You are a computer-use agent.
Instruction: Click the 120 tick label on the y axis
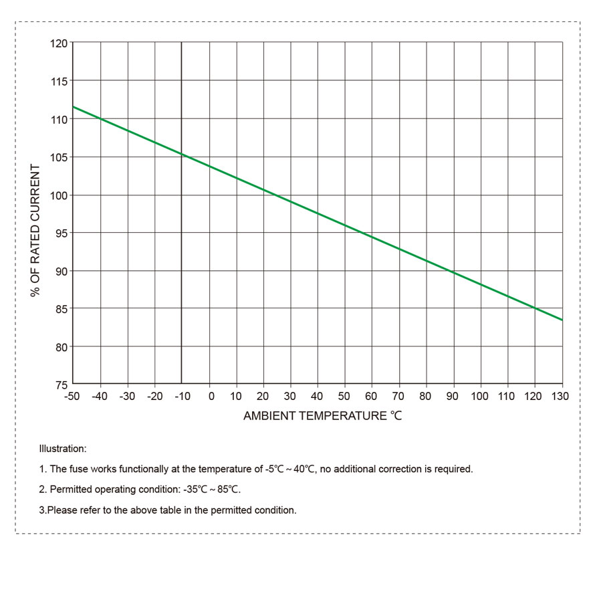point(59,43)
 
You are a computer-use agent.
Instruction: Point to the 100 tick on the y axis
point(59,195)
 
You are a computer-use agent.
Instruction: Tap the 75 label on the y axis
point(61,385)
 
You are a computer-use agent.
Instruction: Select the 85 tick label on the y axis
point(61,309)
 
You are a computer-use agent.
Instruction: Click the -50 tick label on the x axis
point(72,397)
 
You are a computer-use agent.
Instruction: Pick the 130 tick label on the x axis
point(560,397)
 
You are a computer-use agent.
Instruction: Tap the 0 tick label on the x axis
point(211,397)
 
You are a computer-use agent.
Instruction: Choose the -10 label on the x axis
point(181,397)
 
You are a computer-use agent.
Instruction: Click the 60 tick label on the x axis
point(371,397)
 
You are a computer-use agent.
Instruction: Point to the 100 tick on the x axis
point(480,397)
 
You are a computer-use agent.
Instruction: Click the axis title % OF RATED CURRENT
point(35,231)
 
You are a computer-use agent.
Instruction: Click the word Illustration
point(63,449)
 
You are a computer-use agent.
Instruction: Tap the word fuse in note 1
point(80,470)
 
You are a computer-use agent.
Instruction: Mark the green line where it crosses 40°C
point(318,213)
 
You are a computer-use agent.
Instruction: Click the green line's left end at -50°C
point(73,107)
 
